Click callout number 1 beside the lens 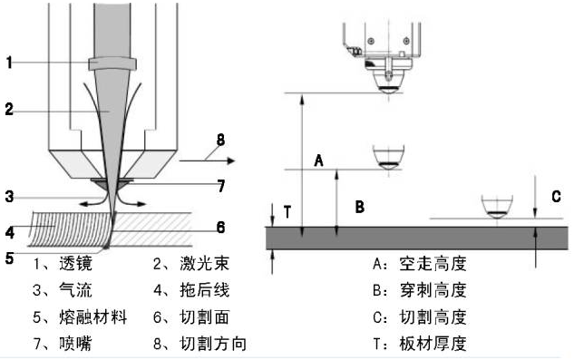click(x=9, y=63)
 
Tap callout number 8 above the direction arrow click(x=220, y=140)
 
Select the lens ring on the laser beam click(x=112, y=63)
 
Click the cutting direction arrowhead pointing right click(x=231, y=161)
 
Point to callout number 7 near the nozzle click(x=220, y=186)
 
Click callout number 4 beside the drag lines click(x=10, y=232)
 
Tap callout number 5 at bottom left click(x=9, y=258)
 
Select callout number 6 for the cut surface click(x=220, y=228)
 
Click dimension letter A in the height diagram click(x=319, y=161)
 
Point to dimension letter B click(x=360, y=207)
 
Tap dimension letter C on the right click(x=556, y=197)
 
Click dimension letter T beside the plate click(x=287, y=212)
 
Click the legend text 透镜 click(x=75, y=263)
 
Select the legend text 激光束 click(x=204, y=263)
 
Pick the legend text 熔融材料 click(x=92, y=317)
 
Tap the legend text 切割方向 click(x=213, y=344)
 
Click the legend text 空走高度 click(x=433, y=263)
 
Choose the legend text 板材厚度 click(x=433, y=344)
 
